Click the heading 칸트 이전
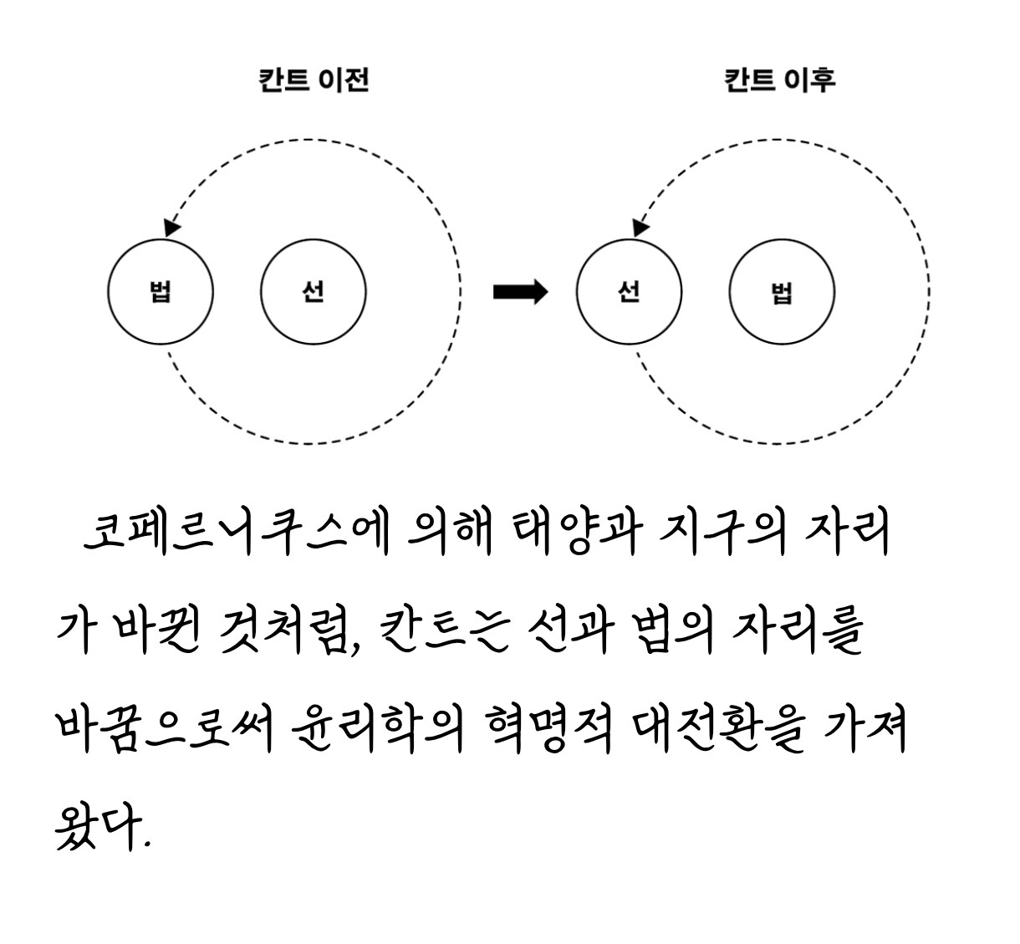pyautogui.click(x=314, y=80)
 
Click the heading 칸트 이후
pyautogui.click(x=780, y=80)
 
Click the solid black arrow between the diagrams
pyautogui.click(x=520, y=292)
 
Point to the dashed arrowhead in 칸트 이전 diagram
pyautogui.click(x=171, y=227)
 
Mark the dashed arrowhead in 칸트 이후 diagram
pyautogui.click(x=640, y=227)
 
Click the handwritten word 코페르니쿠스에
pyautogui.click(x=237, y=533)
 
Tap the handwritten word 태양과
pyautogui.click(x=577, y=533)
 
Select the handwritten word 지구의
pyautogui.click(x=722, y=533)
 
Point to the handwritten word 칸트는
pyautogui.click(x=445, y=630)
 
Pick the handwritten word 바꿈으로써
pyautogui.click(x=164, y=728)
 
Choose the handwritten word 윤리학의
pyautogui.click(x=378, y=728)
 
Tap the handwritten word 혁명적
pyautogui.click(x=548, y=728)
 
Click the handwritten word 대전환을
pyautogui.click(x=717, y=728)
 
